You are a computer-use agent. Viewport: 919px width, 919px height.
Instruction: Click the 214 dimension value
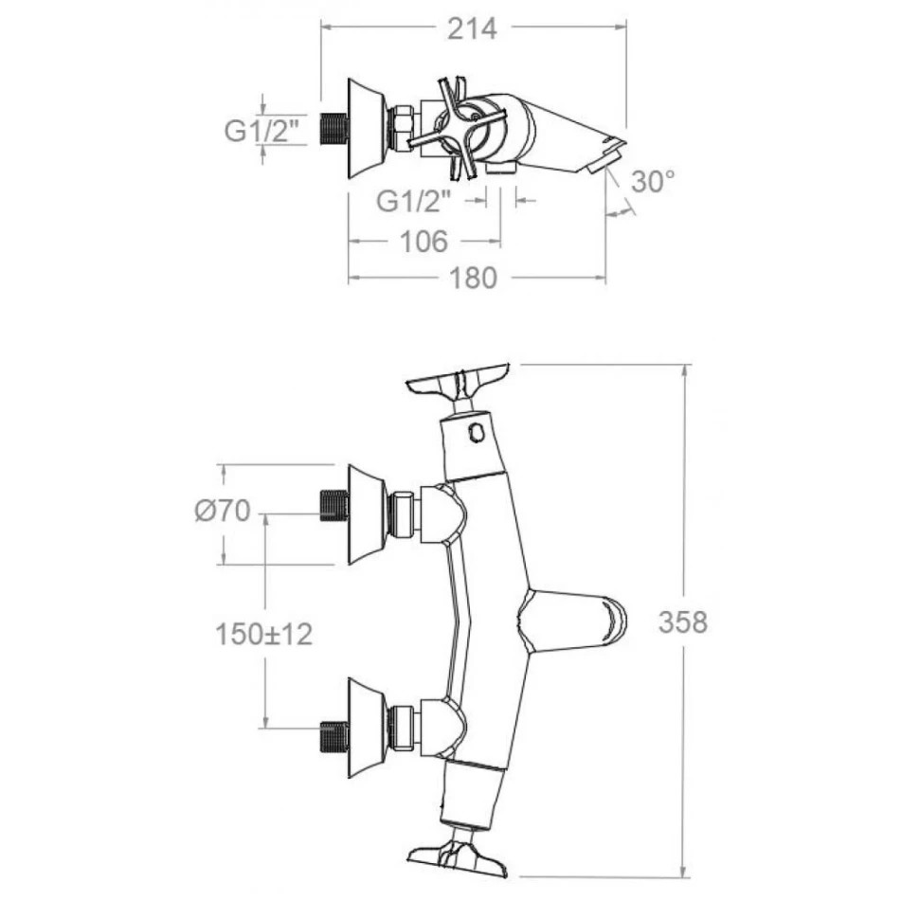[x=471, y=29]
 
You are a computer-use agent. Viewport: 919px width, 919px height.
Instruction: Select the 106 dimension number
[x=423, y=242]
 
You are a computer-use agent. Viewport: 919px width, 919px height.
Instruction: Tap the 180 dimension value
[x=474, y=278]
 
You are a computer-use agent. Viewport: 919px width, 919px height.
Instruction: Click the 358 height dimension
[x=683, y=622]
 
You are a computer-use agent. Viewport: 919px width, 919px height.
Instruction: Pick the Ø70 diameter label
[x=223, y=512]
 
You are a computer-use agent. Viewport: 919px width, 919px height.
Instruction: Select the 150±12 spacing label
[x=263, y=634]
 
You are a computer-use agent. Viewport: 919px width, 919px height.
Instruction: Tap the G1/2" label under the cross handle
[x=414, y=201]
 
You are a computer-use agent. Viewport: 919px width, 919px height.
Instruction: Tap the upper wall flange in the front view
[x=367, y=514]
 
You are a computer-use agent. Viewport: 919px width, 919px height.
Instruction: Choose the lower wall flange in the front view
[x=367, y=727]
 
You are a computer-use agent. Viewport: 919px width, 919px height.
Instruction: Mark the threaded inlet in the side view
[x=334, y=128]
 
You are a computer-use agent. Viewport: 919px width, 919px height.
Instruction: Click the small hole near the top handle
[x=477, y=435]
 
